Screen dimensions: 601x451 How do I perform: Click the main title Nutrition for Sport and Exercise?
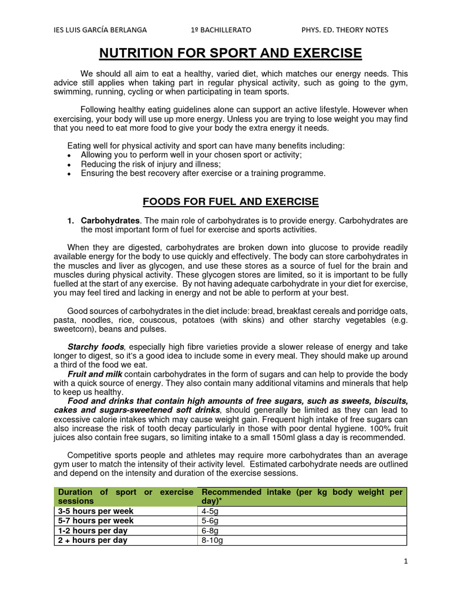click(x=230, y=54)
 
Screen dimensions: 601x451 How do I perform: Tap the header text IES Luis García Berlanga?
click(x=100, y=30)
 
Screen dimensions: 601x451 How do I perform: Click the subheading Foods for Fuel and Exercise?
click(x=231, y=202)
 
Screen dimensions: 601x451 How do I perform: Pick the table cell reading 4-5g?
click(x=210, y=511)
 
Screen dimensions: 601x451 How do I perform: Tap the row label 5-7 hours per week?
click(x=95, y=521)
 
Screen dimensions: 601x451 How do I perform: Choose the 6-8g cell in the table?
click(x=210, y=531)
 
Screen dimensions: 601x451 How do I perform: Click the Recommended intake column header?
click(x=302, y=497)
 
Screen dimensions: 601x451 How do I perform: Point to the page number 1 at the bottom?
click(x=405, y=561)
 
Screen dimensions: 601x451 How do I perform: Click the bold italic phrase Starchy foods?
click(x=96, y=347)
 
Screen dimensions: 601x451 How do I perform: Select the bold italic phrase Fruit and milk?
click(x=95, y=374)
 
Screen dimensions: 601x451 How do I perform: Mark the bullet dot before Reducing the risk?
click(x=69, y=165)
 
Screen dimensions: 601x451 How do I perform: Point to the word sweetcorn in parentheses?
click(x=74, y=329)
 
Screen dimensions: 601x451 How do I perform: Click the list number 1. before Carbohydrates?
click(x=70, y=221)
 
